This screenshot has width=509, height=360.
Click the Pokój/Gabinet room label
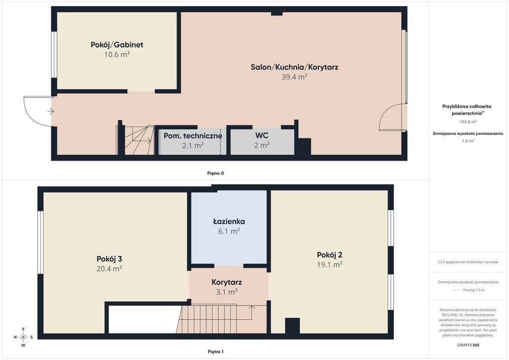117,45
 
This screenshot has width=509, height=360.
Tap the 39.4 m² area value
294,77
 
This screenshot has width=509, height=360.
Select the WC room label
261,135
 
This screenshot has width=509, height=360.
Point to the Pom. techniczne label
193,136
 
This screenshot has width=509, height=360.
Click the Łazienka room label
229,222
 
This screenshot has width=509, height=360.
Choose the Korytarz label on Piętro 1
227,282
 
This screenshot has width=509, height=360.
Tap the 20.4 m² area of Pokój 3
109,269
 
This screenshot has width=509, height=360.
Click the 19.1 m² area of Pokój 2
330,265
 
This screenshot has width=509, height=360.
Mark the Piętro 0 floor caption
216,174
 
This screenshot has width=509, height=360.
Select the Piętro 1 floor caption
216,352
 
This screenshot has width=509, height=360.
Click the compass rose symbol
23,337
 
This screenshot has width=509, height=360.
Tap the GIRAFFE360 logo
468,345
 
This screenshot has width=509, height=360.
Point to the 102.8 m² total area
468,122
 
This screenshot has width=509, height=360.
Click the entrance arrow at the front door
51,112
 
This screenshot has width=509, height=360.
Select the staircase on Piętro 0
139,140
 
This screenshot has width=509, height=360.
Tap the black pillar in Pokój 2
292,326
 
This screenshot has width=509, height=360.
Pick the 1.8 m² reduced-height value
468,141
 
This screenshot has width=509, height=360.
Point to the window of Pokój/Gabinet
54,55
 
